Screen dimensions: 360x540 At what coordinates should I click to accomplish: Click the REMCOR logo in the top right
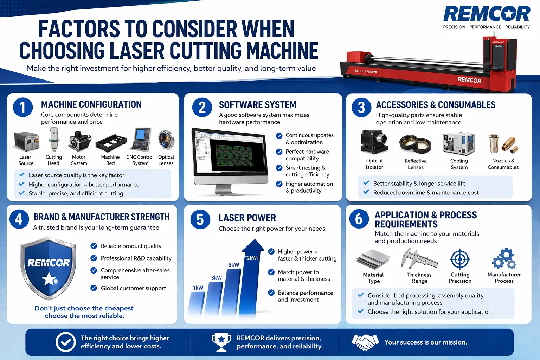[487, 14]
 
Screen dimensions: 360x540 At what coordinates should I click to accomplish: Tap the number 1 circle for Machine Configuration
[23, 107]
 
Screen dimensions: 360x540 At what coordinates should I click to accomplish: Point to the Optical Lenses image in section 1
[166, 140]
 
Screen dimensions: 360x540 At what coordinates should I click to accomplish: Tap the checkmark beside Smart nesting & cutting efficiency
[279, 168]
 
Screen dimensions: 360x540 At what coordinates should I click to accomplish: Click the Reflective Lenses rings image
[415, 143]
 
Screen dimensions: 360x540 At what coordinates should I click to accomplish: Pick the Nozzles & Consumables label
[503, 164]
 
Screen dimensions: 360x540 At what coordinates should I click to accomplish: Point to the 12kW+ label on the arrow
[252, 258]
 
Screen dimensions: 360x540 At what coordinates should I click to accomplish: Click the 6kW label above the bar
[233, 265]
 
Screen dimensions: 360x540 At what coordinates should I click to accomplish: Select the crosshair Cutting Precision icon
[460, 259]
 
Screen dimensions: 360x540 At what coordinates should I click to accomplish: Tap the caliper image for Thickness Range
[419, 259]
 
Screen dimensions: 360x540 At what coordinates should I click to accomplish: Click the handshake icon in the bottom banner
[365, 342]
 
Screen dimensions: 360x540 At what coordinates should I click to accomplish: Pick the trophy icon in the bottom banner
[221, 342]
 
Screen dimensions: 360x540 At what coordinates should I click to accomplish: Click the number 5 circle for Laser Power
[200, 219]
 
